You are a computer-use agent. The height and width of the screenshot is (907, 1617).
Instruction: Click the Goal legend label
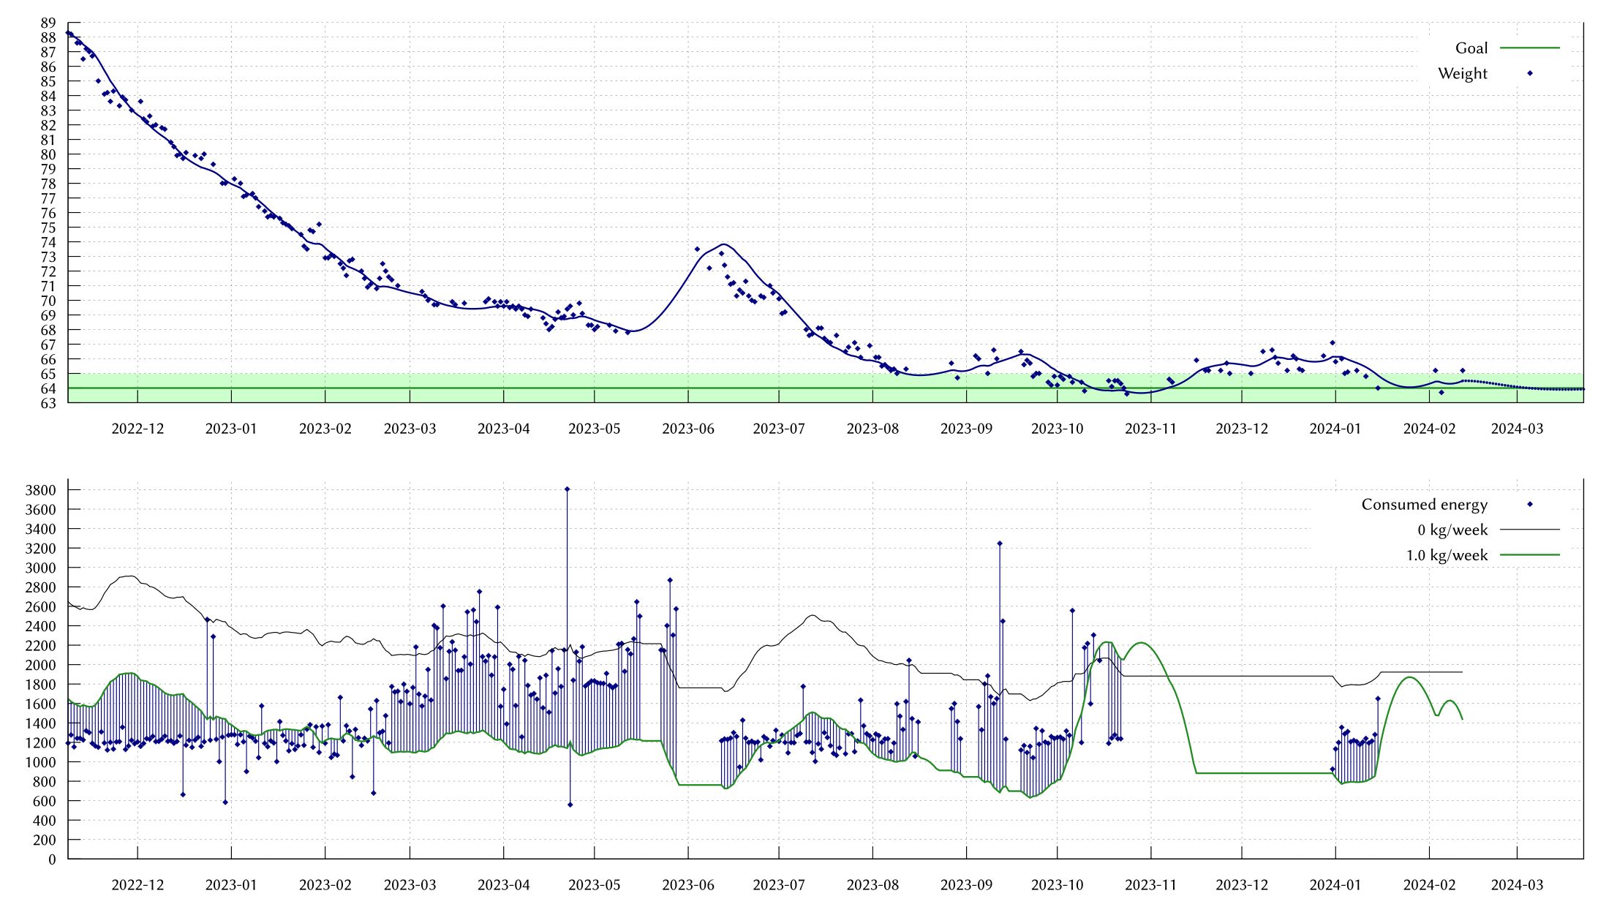1471,48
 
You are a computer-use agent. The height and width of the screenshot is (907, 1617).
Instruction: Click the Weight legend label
1462,73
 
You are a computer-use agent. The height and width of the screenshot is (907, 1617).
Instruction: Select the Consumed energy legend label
1424,505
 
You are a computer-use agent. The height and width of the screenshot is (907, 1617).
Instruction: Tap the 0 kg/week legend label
1452,530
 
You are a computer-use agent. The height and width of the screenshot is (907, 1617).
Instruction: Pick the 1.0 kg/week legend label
1446,555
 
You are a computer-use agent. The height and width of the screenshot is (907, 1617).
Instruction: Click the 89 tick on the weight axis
48,23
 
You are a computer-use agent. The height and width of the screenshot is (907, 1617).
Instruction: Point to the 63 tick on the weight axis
48,403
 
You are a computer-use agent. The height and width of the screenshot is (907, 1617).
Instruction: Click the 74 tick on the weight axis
48,242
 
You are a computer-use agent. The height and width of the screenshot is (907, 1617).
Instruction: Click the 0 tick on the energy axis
52,859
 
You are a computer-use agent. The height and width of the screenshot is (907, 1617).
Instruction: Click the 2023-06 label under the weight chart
687,429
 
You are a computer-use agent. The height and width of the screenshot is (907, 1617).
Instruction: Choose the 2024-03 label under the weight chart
1517,429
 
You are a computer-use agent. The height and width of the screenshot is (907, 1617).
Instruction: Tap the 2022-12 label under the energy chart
137,885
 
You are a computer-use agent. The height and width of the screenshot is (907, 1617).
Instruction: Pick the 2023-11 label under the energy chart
1150,885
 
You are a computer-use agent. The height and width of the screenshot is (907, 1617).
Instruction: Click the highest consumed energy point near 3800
567,489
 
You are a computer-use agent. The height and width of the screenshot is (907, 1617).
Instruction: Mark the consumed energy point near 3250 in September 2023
999,543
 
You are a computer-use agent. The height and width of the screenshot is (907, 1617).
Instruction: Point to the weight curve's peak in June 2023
723,244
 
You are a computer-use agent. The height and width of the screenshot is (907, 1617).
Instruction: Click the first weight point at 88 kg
68,33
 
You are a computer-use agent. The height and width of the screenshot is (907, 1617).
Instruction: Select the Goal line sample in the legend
1529,48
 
